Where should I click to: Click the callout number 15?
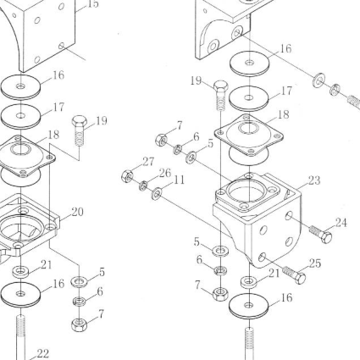pos(93,4)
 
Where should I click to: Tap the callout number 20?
pos(77,212)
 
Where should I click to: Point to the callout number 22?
pos(43,353)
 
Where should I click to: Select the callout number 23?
pos(314,180)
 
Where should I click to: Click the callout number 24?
pos(341,223)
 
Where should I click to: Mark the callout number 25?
pos(315,263)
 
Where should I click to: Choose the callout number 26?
pos(165,174)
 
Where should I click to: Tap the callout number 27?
pos(148,162)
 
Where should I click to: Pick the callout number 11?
pos(179,180)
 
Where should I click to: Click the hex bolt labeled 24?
pos(321,235)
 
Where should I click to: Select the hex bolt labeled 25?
pos(294,274)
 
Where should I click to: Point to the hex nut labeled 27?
pos(127,176)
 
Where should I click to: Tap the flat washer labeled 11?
pos(157,194)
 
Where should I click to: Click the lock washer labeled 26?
pos(143,186)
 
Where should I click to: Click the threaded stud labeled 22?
pos(21,337)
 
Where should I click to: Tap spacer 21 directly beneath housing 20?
pos(20,272)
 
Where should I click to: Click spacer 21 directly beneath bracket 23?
pos(248,281)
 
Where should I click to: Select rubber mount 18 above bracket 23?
pos(249,139)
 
